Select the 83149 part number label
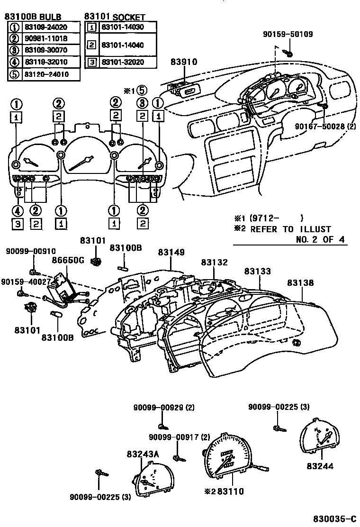pyautogui.click(x=171, y=253)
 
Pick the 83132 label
pyautogui.click(x=214, y=262)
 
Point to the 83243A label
pyautogui.click(x=143, y=454)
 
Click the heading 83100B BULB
pyautogui.click(x=33, y=17)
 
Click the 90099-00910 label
pyautogui.click(x=30, y=251)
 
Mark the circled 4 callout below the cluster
pyautogui.click(x=18, y=211)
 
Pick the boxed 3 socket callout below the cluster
pyautogui.click(x=18, y=224)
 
